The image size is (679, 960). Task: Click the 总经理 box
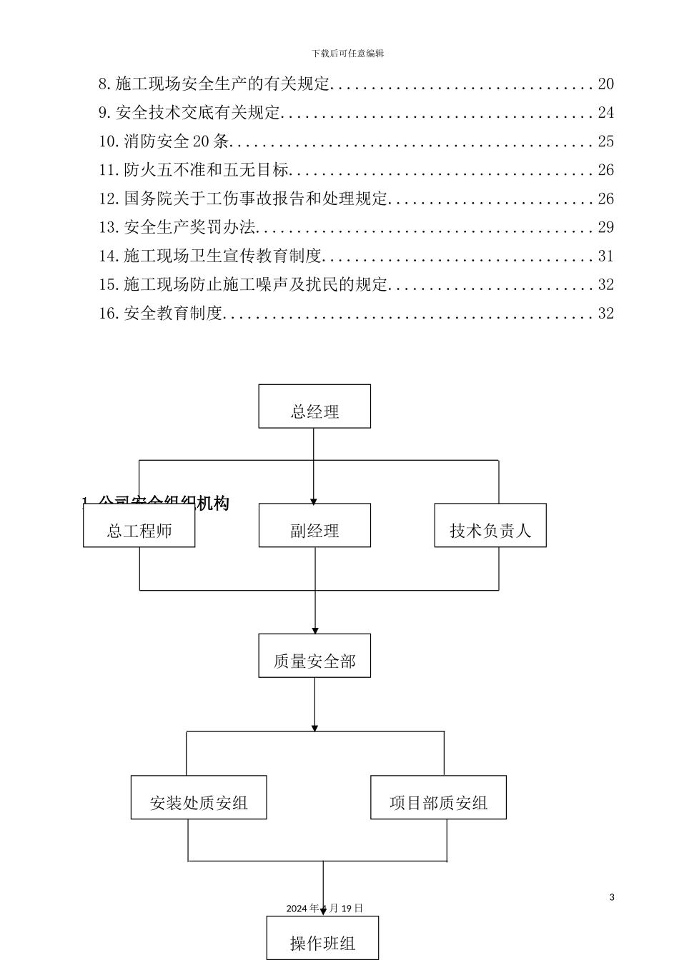click(314, 406)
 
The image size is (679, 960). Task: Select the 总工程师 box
click(139, 526)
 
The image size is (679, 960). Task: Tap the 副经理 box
click(314, 526)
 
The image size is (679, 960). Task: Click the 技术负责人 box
click(490, 526)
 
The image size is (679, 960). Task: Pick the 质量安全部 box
click(314, 656)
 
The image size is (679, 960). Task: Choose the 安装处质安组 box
click(199, 798)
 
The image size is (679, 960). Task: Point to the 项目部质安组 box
click(438, 798)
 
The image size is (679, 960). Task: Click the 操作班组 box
click(322, 939)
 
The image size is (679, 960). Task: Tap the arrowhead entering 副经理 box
click(314, 501)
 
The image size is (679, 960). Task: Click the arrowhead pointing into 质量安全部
click(314, 630)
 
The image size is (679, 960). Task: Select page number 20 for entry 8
click(605, 84)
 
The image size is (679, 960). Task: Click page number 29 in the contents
click(605, 227)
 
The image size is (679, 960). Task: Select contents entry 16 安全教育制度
click(162, 313)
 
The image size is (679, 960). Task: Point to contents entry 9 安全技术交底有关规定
click(190, 113)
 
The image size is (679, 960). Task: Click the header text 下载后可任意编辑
click(347, 54)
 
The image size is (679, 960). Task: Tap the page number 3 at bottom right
click(612, 897)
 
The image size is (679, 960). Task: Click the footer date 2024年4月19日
click(324, 909)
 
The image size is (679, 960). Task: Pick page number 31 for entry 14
click(605, 256)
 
